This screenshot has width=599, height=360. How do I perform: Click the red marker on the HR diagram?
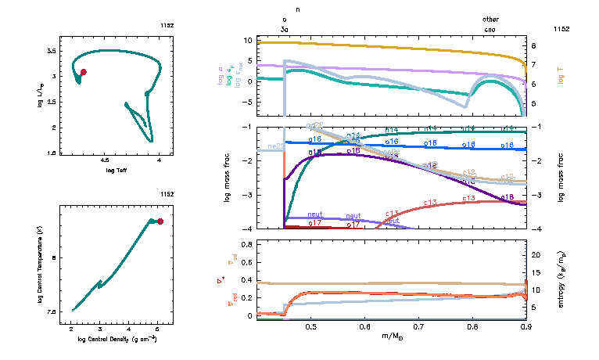[x=84, y=72]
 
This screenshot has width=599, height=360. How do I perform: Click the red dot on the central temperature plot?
[x=160, y=221]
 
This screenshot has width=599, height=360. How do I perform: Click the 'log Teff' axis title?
[x=116, y=170]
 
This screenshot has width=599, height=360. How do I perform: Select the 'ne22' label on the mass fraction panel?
[x=275, y=146]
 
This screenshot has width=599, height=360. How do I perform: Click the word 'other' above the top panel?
[x=490, y=20]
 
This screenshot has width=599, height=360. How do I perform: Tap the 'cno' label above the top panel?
[x=490, y=28]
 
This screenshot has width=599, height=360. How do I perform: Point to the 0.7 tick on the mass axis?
[x=418, y=326]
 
